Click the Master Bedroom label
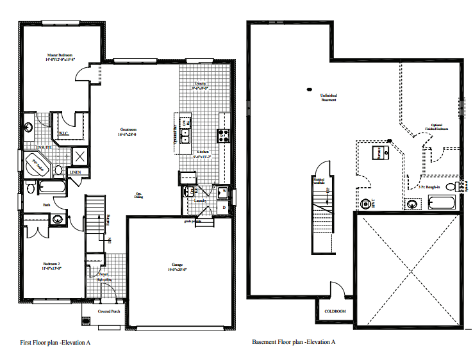click(x=60, y=57)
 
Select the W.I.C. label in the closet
click(x=64, y=133)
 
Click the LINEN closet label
click(x=76, y=172)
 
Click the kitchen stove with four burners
click(x=224, y=135)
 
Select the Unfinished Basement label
click(x=328, y=97)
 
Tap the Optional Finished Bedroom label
click(x=436, y=127)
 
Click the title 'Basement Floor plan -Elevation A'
click(x=294, y=342)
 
